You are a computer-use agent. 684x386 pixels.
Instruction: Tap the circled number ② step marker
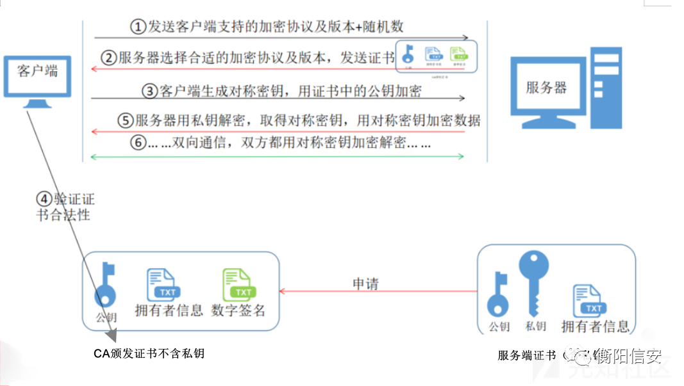pyautogui.click(x=110, y=58)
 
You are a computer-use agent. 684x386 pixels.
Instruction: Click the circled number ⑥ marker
pyautogui.click(x=138, y=143)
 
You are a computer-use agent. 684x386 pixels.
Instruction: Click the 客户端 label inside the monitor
pyautogui.click(x=37, y=70)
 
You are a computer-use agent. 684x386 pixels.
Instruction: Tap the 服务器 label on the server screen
pyautogui.click(x=546, y=88)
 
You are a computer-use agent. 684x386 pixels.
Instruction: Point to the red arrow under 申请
pyautogui.click(x=378, y=292)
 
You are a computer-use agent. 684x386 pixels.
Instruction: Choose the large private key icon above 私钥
pyautogui.click(x=534, y=282)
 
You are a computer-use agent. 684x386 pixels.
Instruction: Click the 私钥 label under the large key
pyautogui.click(x=535, y=326)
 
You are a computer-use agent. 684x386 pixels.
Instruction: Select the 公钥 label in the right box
pyautogui.click(x=499, y=326)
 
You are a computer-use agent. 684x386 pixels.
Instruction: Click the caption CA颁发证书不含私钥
pyautogui.click(x=149, y=353)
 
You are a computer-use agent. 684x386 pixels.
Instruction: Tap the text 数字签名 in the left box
pyautogui.click(x=238, y=310)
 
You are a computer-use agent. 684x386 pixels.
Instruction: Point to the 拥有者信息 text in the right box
pyautogui.click(x=595, y=326)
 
